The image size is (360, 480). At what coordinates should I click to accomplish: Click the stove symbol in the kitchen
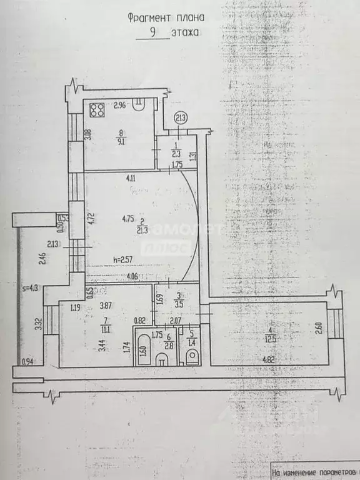(x=97, y=111)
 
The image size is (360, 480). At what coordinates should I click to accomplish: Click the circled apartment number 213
(x=180, y=117)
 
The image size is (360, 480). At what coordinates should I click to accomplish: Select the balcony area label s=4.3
(x=29, y=288)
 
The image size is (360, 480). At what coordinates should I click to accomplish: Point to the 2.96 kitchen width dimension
(x=120, y=106)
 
